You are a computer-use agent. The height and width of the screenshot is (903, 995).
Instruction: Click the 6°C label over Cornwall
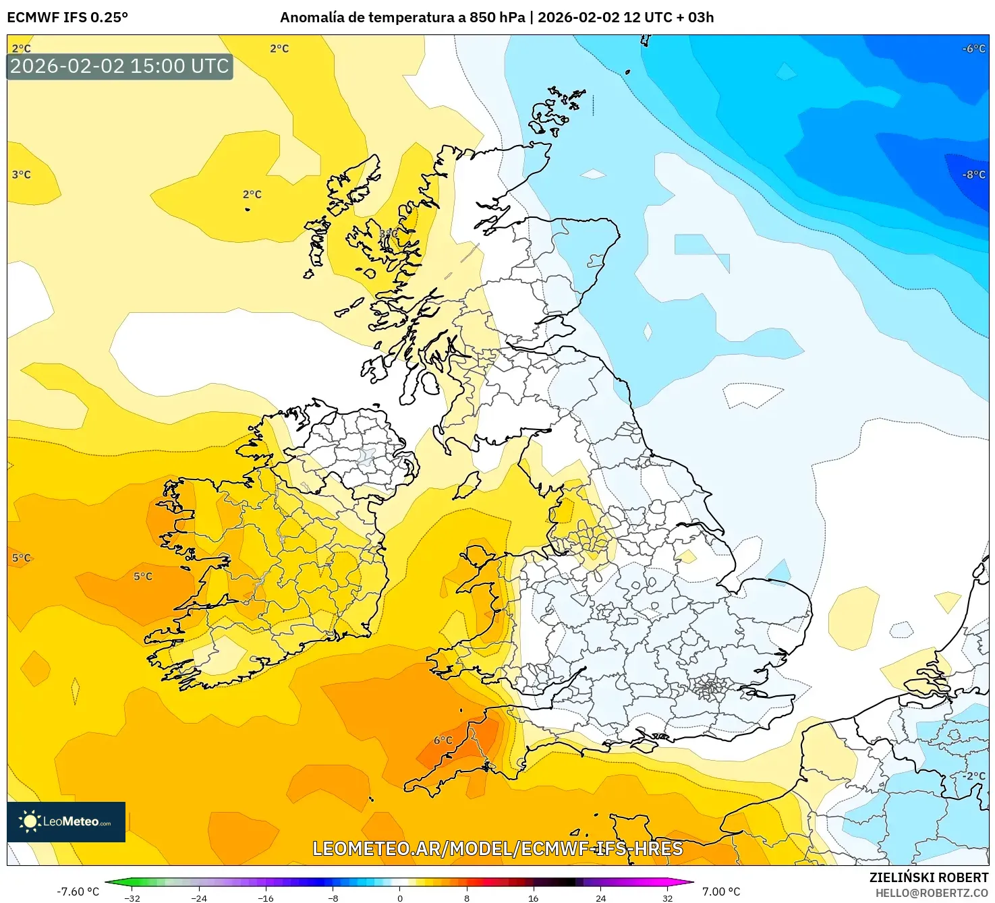click(443, 740)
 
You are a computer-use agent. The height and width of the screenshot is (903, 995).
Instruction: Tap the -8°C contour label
click(973, 175)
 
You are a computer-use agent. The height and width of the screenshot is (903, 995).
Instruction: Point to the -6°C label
click(973, 49)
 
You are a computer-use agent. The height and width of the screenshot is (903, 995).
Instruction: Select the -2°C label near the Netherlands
click(973, 776)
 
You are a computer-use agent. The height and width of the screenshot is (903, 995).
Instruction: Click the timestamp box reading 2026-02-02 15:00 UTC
click(119, 66)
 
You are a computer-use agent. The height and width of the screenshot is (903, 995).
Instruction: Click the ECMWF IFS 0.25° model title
click(67, 18)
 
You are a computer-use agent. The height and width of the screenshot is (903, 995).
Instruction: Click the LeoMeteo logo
click(66, 821)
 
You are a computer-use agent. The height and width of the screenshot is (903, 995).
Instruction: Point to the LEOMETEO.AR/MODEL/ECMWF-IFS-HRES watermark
click(497, 848)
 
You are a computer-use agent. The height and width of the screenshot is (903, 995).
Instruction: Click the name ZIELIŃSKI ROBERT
click(928, 877)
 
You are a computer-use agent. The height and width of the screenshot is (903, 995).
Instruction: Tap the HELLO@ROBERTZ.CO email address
click(931, 893)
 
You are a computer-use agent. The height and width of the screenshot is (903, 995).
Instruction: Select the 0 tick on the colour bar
click(400, 898)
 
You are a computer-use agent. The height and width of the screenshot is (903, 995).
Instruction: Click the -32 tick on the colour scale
click(132, 898)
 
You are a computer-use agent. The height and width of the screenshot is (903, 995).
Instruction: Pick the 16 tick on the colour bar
click(533, 898)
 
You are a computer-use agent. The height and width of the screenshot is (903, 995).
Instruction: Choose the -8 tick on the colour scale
click(333, 898)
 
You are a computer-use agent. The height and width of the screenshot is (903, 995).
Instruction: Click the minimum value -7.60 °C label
click(78, 892)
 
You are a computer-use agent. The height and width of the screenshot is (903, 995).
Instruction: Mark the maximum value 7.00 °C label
click(721, 892)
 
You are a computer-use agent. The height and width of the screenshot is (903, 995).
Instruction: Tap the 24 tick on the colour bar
click(600, 898)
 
